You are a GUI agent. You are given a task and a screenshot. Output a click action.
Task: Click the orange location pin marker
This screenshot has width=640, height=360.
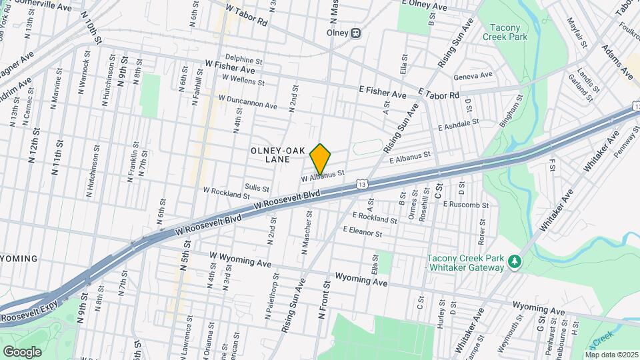click(x=321, y=158)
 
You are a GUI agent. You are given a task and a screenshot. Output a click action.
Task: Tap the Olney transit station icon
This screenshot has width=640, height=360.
click(x=356, y=32)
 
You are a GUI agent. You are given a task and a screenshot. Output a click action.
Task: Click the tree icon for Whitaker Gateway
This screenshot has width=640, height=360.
click(x=514, y=261)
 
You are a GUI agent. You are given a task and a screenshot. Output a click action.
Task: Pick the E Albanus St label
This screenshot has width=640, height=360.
click(x=410, y=159)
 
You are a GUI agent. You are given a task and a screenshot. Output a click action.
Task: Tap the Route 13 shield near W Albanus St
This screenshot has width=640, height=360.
click(x=361, y=183)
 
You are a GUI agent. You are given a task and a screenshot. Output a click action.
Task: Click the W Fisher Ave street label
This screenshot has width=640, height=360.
click(x=230, y=69)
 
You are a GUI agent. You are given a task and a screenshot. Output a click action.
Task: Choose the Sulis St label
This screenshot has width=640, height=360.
click(x=257, y=188)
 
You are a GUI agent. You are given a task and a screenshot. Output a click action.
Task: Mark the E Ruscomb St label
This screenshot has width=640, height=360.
click(x=465, y=204)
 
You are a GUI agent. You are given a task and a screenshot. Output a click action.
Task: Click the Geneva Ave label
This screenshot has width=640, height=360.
click(x=473, y=75)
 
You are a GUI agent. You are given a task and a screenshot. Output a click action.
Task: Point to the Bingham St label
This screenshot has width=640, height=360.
click(x=511, y=112)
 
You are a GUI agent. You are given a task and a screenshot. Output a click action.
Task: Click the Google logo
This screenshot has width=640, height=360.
click(x=22, y=351)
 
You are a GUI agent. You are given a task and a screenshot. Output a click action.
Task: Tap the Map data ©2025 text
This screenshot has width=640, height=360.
click(x=611, y=355)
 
